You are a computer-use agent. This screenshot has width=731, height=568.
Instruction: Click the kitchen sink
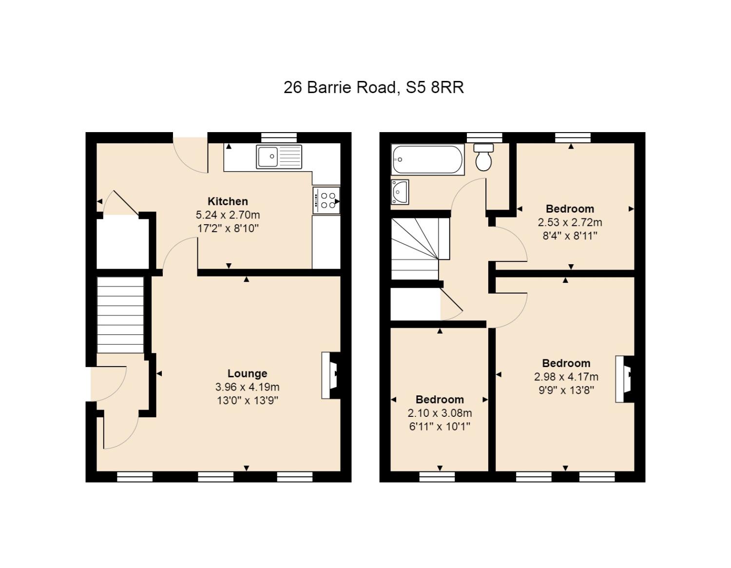(x=279, y=157)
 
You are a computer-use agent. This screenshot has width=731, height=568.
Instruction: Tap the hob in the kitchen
(x=326, y=200)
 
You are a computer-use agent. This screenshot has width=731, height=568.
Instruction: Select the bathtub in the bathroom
(x=427, y=159)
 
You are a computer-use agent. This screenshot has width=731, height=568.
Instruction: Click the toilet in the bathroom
(x=483, y=157)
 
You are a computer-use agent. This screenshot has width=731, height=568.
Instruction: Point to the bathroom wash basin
(x=400, y=192)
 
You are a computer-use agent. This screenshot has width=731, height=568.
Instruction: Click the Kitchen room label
(x=228, y=201)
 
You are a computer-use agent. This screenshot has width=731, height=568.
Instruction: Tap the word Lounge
(x=247, y=373)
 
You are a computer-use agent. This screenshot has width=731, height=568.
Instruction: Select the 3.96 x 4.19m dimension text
(x=247, y=387)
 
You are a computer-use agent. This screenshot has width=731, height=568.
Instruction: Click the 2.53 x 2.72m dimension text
(x=570, y=222)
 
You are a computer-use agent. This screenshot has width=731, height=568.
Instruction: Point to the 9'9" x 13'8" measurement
(x=566, y=390)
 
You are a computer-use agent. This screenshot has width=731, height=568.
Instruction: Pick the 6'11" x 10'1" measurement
(x=440, y=427)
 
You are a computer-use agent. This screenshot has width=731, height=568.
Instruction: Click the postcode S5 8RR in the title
(x=435, y=87)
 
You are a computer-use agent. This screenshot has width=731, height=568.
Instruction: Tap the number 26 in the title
(x=293, y=87)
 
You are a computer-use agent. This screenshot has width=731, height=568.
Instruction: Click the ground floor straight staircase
(x=120, y=314)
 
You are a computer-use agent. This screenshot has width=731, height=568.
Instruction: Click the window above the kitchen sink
(x=279, y=137)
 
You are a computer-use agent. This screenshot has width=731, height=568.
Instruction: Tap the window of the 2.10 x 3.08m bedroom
(x=437, y=477)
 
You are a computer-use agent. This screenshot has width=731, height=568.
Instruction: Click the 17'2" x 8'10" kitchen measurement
(x=228, y=229)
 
